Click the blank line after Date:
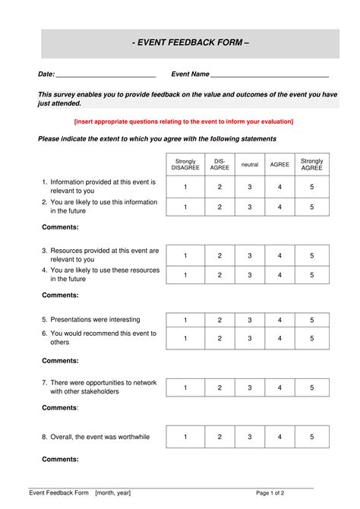click(106, 75)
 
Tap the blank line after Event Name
click(270, 75)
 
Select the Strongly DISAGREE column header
click(185, 164)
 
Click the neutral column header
click(250, 164)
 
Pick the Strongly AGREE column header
click(311, 164)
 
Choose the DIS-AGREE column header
click(219, 164)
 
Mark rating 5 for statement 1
click(311, 187)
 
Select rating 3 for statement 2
click(250, 207)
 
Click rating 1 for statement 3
click(185, 256)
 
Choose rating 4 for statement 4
click(280, 275)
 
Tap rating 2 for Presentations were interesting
click(219, 320)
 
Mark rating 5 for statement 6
click(311, 339)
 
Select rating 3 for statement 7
click(250, 387)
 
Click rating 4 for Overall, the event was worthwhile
click(280, 437)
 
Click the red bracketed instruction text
click(183, 122)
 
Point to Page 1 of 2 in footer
click(270, 493)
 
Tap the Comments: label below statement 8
click(60, 459)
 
